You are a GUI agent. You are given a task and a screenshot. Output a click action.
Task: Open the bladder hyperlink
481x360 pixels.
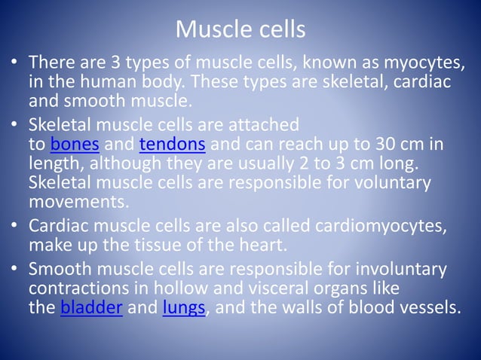[91, 308]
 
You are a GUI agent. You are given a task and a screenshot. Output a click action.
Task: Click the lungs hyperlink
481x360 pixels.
[182, 308]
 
